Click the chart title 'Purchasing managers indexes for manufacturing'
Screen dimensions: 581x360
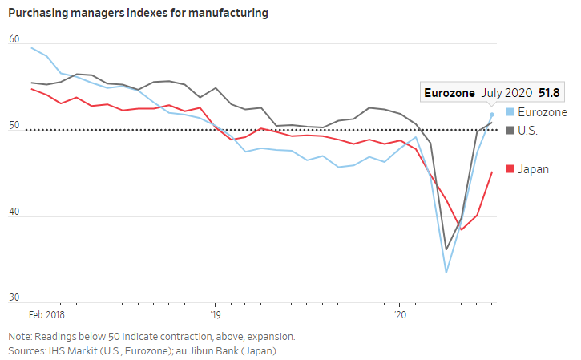(138, 13)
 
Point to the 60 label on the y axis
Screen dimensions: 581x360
(14, 39)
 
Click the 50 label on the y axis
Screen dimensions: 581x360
(14, 125)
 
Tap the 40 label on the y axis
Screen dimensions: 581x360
(14, 212)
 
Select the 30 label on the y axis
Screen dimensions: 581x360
(14, 297)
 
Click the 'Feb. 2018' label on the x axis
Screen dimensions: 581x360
(46, 315)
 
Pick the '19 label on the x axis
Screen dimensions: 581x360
(216, 315)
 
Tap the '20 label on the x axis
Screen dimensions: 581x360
(400, 315)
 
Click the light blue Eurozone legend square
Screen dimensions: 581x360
(510, 112)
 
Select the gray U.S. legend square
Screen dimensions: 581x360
(510, 131)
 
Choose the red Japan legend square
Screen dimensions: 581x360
(510, 169)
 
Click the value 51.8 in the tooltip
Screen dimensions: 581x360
(549, 93)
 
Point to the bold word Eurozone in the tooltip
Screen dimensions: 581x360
(450, 93)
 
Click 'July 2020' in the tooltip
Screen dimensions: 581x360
(507, 93)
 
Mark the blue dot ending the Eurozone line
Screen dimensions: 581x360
(492, 115)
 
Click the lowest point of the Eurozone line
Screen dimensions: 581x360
(446, 273)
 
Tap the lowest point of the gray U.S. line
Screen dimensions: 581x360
(446, 249)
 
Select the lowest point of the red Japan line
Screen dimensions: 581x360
(462, 229)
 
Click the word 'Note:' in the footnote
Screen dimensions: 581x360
(20, 337)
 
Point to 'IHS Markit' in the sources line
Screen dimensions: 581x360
(72, 350)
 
